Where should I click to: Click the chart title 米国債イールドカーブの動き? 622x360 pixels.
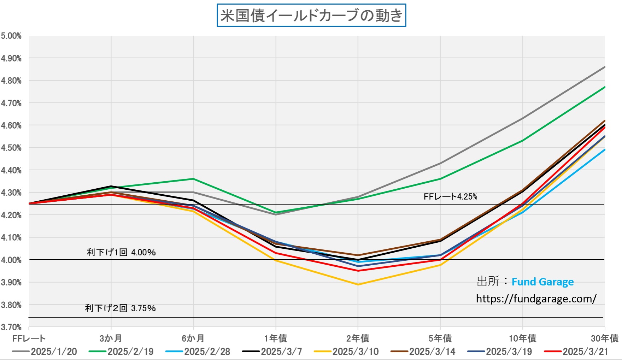click(x=311, y=16)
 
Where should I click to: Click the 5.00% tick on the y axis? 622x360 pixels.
click(x=11, y=36)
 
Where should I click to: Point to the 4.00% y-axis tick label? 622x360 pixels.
click(x=11, y=260)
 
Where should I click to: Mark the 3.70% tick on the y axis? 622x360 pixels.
click(x=11, y=327)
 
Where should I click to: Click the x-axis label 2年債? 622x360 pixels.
click(x=358, y=338)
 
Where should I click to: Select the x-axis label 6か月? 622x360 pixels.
click(x=193, y=338)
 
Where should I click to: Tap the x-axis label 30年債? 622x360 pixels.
click(x=604, y=338)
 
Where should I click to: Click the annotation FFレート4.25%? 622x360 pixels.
click(x=450, y=197)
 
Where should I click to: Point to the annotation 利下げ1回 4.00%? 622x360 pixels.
click(x=121, y=252)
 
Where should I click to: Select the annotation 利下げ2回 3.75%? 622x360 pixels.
click(x=120, y=308)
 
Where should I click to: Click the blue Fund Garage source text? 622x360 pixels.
click(x=542, y=282)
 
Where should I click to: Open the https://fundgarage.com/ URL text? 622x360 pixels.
click(x=536, y=299)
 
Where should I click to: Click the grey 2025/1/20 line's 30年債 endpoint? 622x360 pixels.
click(x=605, y=67)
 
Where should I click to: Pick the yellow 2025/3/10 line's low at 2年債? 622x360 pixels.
click(x=358, y=284)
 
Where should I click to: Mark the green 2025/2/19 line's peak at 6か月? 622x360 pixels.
click(x=193, y=179)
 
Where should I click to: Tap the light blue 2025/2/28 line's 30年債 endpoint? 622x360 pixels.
click(x=605, y=149)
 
